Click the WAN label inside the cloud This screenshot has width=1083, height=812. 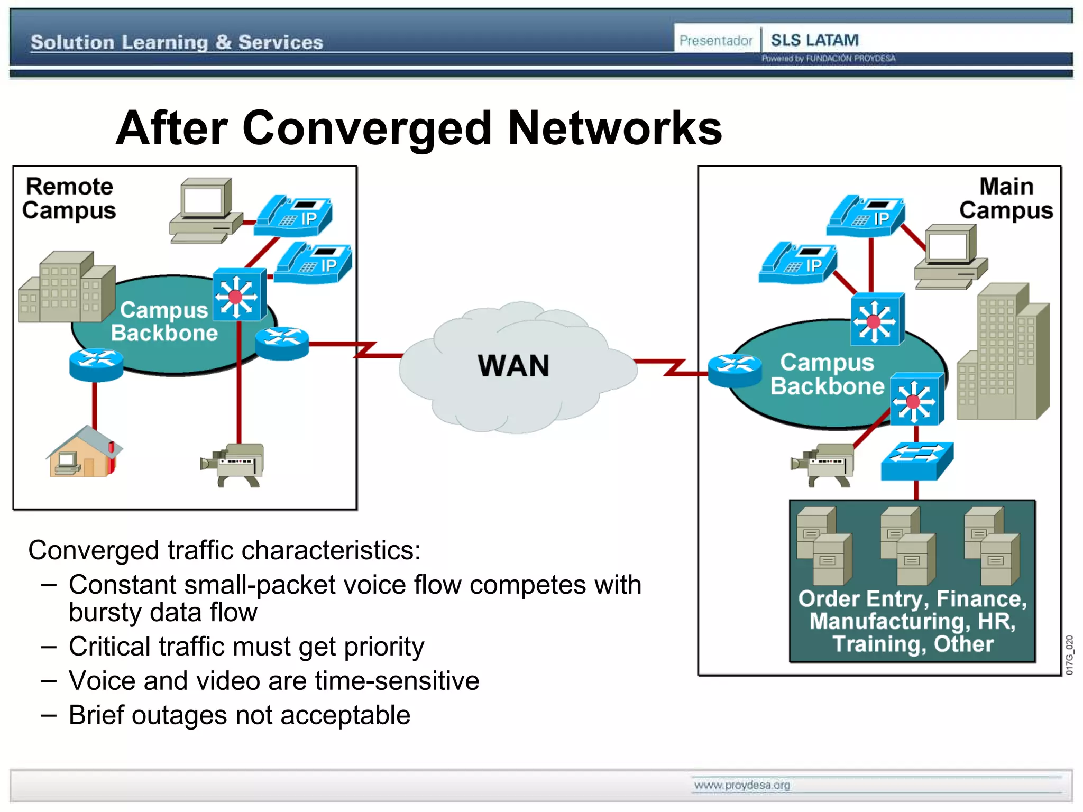(513, 366)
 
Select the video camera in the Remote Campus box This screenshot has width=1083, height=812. (233, 465)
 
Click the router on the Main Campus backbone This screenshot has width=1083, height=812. (735, 370)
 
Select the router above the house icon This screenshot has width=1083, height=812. (96, 364)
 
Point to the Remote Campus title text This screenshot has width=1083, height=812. (69, 198)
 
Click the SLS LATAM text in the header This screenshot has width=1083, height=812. (814, 40)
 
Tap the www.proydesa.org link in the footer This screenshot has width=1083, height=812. (741, 785)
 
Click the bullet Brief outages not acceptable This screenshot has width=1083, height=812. (239, 715)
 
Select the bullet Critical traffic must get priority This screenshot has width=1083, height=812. (246, 647)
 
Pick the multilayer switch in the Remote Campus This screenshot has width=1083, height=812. (239, 294)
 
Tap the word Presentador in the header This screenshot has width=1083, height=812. (715, 41)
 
